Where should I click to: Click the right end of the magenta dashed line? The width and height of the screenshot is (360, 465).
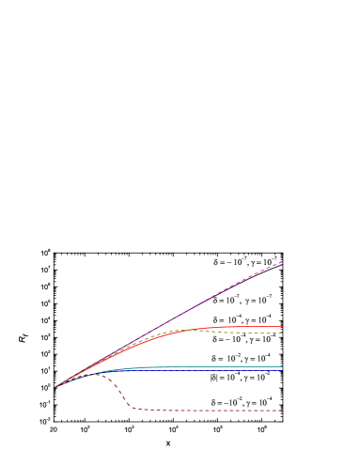pyautogui.click(x=282, y=262)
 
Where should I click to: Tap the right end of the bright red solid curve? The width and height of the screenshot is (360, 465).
pyautogui.click(x=283, y=327)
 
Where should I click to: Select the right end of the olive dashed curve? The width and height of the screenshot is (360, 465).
pyautogui.click(x=283, y=333)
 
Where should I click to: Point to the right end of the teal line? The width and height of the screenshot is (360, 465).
pyautogui.click(x=283, y=367)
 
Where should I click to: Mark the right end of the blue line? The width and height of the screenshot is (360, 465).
pyautogui.click(x=283, y=371)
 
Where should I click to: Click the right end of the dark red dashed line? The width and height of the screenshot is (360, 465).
pyautogui.click(x=283, y=411)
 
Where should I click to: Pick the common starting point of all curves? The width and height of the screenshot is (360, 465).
pyautogui.click(x=55, y=387)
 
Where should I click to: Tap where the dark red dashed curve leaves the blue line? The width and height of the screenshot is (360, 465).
pyautogui.click(x=103, y=374)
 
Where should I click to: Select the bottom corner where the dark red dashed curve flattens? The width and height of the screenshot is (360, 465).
pyautogui.click(x=134, y=408)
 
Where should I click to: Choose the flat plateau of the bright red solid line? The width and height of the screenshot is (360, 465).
pyautogui.click(x=244, y=327)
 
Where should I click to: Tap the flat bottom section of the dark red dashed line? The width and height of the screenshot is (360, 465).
pyautogui.click(x=207, y=411)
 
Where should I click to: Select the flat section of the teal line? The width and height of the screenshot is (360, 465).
pyautogui.click(x=216, y=367)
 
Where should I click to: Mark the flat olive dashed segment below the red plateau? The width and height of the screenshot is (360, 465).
pyautogui.click(x=244, y=333)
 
